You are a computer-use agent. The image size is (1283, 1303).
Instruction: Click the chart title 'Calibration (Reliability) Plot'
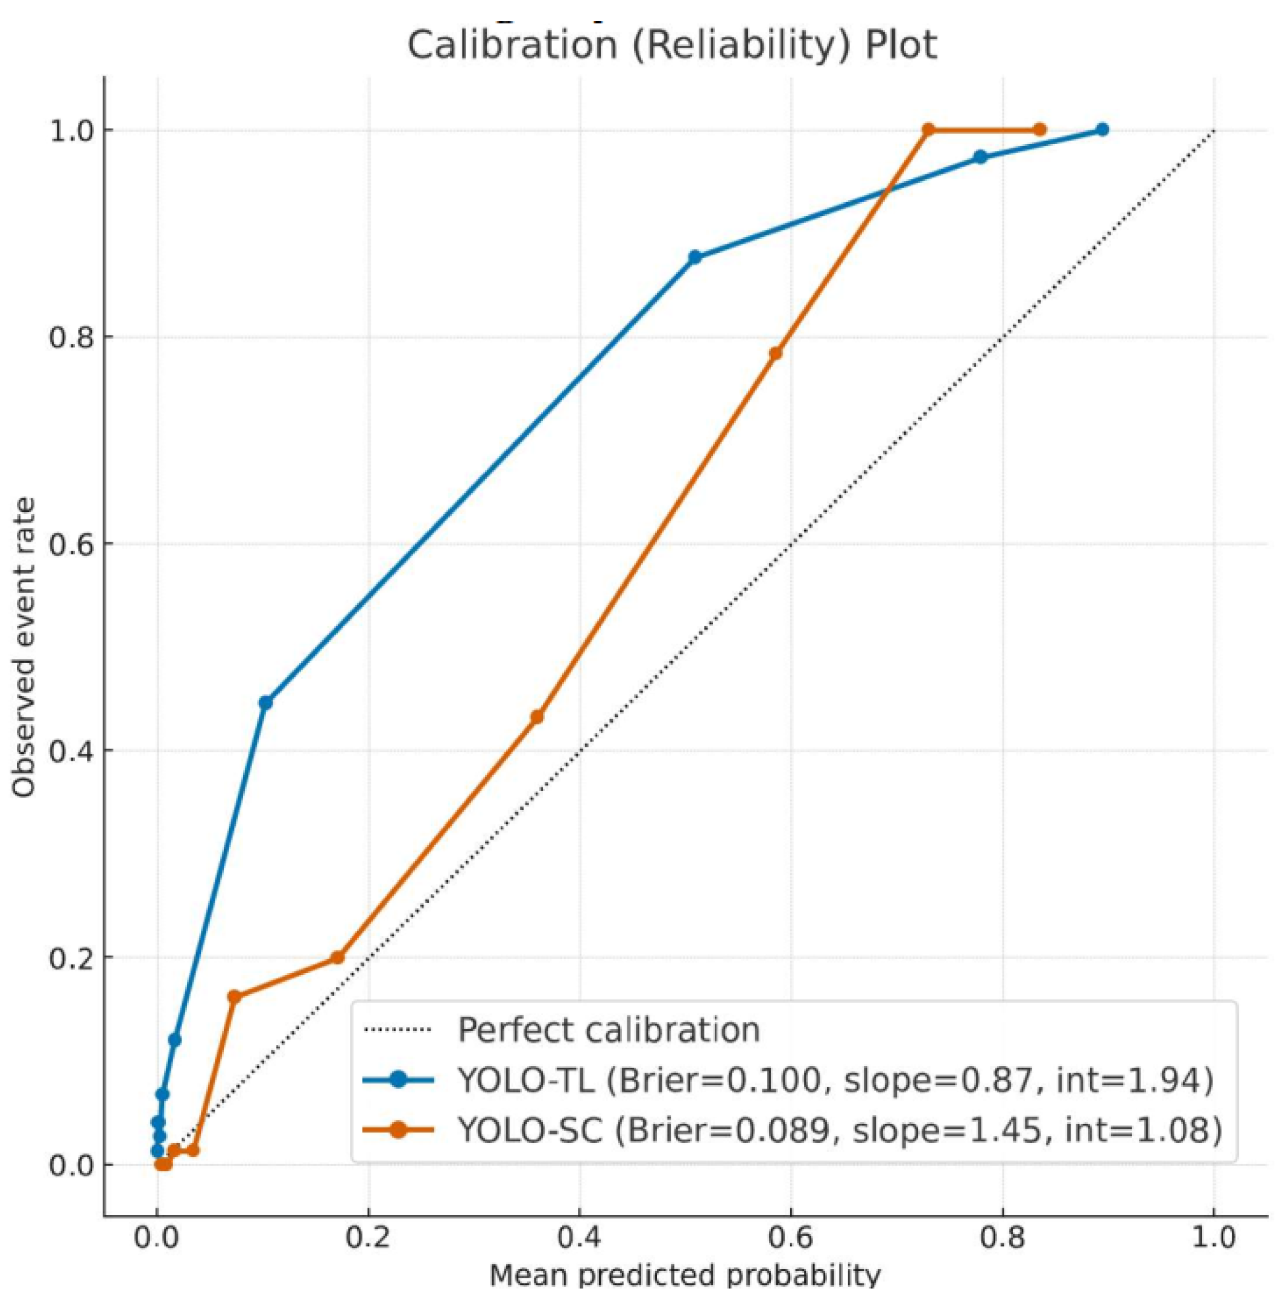point(672,46)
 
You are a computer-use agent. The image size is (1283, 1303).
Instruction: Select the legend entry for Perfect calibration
point(609,1030)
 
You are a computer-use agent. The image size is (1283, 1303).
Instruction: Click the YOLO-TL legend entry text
point(836,1080)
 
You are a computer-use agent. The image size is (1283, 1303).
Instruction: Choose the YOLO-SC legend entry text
point(840,1130)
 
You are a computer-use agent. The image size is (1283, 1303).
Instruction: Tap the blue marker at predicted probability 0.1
point(265,703)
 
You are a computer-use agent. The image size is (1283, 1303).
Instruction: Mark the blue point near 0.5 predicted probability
point(695,257)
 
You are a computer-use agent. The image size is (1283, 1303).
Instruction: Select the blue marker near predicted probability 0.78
point(980,157)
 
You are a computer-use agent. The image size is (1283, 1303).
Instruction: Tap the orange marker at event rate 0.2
point(338,957)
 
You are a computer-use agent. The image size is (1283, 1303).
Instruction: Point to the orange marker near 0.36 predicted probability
point(536,717)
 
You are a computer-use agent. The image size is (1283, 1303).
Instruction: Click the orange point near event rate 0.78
point(776,353)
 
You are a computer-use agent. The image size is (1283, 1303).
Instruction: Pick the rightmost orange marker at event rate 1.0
point(1040,129)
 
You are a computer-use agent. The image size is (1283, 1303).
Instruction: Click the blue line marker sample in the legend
point(398,1080)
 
